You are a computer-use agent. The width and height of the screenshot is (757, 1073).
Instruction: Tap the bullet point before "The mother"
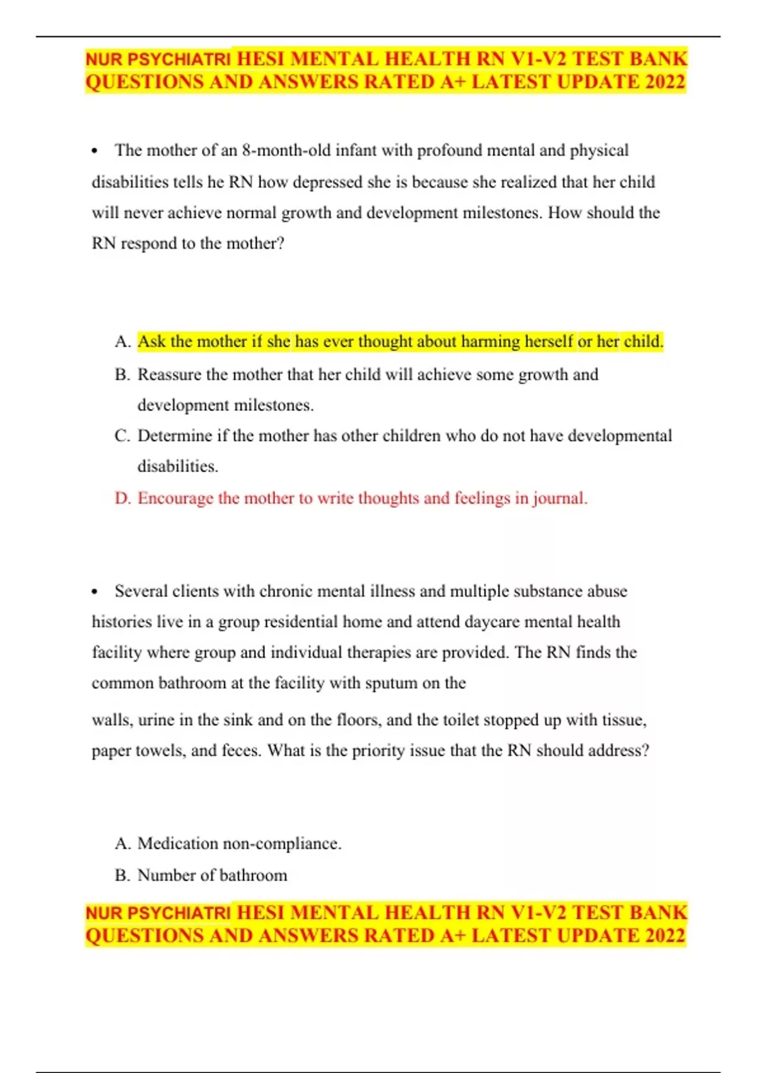pyautogui.click(x=95, y=151)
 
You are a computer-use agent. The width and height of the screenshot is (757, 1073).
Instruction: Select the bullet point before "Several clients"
pyautogui.click(x=95, y=591)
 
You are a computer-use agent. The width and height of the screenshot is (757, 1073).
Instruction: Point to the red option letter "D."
pyautogui.click(x=123, y=498)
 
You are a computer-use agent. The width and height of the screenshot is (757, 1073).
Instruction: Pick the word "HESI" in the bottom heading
pyautogui.click(x=261, y=913)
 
